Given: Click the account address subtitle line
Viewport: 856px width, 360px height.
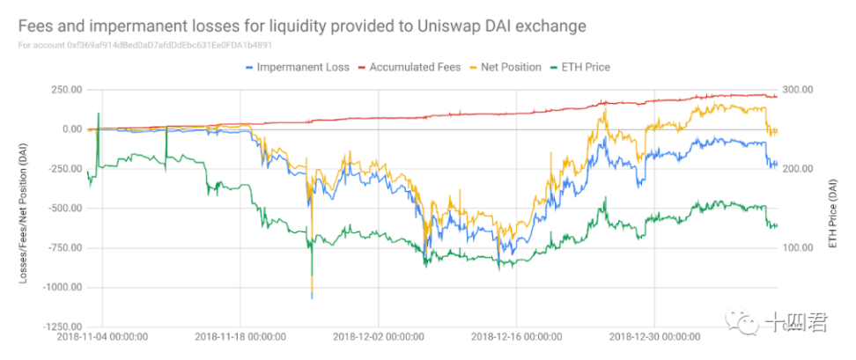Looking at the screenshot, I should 131,44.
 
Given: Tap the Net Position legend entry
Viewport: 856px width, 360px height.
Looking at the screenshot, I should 510,67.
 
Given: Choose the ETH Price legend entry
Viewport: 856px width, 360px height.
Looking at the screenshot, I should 585,67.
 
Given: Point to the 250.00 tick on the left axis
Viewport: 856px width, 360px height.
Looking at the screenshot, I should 65,90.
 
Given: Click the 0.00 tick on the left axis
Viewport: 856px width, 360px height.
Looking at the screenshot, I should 71,129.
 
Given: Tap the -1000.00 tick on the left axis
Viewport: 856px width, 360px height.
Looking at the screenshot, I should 61,287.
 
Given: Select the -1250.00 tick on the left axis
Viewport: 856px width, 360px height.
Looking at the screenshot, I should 61,327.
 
